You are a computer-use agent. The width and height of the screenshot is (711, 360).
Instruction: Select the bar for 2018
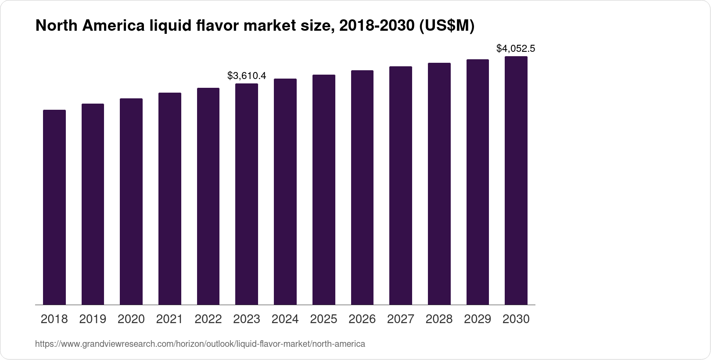point(54,207)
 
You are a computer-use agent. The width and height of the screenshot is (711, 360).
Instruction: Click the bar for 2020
point(131,202)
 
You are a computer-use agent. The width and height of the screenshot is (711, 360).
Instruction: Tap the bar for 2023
point(247,194)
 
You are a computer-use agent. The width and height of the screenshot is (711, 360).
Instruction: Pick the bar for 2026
point(362,187)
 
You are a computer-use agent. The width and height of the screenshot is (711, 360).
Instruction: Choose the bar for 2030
point(516,180)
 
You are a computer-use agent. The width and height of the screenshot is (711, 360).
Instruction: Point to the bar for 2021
point(170,198)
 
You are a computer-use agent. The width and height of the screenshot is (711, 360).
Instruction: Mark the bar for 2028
point(439,184)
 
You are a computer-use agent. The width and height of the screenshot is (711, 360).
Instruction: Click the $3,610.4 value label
point(247,76)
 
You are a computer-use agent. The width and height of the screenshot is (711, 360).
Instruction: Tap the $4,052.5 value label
point(516,48)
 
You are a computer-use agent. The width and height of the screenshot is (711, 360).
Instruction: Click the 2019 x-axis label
point(93,319)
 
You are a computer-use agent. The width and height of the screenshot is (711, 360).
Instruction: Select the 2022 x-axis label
point(208,319)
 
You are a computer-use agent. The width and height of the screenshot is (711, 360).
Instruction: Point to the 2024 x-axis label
point(285,319)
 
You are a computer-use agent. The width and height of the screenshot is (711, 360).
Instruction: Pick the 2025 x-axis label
point(323,319)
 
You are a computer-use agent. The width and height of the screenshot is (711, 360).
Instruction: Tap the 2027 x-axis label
point(401,319)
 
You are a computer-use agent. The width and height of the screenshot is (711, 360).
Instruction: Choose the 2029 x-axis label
point(478,319)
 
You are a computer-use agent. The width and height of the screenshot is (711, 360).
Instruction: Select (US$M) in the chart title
point(447,26)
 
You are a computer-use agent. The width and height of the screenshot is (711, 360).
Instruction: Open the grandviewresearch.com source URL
point(200,344)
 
